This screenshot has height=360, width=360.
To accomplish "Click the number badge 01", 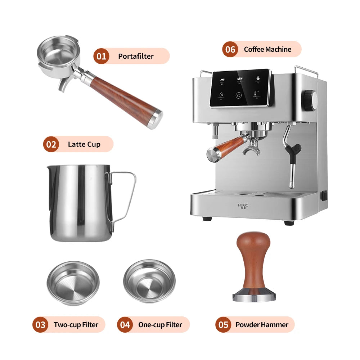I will (x=101, y=56).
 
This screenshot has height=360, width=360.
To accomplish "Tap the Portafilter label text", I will (x=136, y=56).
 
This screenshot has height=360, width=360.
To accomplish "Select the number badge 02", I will (x=51, y=144).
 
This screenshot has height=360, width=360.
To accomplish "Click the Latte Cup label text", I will (x=84, y=144).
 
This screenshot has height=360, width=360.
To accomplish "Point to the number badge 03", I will (x=40, y=325).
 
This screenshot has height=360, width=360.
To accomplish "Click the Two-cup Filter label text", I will (x=76, y=325).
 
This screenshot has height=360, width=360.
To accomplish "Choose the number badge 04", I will (x=125, y=325).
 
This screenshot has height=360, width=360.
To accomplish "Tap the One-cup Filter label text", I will (x=160, y=325).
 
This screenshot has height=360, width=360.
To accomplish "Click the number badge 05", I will (x=223, y=325).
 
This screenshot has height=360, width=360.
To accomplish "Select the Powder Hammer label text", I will (x=262, y=325).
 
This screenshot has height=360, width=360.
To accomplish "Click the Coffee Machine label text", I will (x=267, y=49).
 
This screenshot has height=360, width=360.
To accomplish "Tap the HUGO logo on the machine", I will (x=243, y=206).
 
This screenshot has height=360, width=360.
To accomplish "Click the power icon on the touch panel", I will (x=239, y=95).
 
